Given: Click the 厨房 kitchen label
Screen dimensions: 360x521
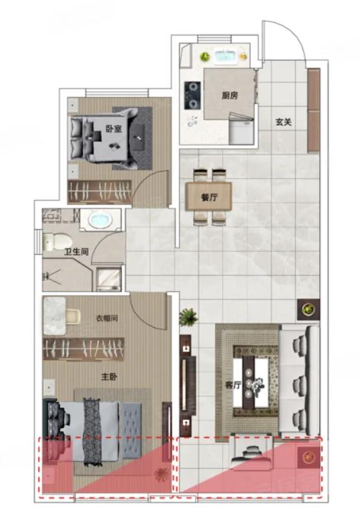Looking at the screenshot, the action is tap(230, 96).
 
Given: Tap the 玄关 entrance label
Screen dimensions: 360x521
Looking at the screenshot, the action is tap(284, 122).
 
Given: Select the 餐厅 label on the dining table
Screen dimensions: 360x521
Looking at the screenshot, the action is tap(209, 197).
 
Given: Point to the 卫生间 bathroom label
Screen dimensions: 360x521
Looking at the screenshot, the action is tap(77, 252).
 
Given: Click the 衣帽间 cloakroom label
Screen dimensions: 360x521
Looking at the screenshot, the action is tap(107, 318).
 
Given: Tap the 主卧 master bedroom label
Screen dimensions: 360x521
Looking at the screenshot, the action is tap(109, 377).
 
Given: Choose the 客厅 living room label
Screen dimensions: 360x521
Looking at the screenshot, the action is tap(233, 385).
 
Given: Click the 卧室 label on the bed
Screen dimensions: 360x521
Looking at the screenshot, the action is tap(114, 129).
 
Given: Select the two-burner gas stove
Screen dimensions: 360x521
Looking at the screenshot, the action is tap(193, 96).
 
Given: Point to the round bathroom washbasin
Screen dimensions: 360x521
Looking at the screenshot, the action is tap(100, 220).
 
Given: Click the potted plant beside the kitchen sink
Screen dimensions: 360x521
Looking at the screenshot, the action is tap(205, 56).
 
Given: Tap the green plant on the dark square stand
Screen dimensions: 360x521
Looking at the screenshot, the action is tap(308, 309).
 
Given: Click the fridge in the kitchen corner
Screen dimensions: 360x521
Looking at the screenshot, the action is tap(242, 129).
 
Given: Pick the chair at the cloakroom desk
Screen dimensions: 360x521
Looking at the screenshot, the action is tap(73, 316).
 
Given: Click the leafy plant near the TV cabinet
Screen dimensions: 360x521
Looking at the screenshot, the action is tap(188, 316).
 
